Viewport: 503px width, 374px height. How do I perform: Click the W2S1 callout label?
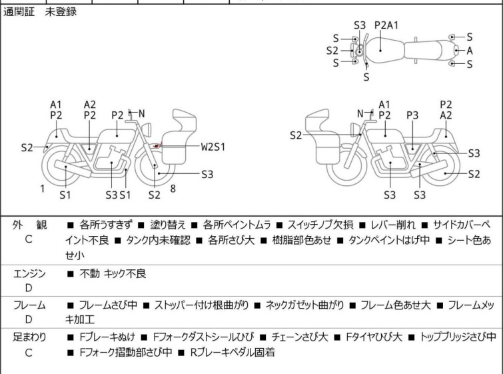click(x=213, y=146)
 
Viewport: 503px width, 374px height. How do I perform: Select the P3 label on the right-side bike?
click(x=412, y=115)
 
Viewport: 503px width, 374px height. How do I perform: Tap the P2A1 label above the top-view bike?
click(x=386, y=25)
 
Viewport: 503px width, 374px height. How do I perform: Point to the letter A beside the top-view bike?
click(x=470, y=50)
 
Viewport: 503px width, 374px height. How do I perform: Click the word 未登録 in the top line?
click(x=61, y=12)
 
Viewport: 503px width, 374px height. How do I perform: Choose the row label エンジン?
click(x=29, y=273)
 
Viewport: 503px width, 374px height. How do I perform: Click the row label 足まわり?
click(x=29, y=337)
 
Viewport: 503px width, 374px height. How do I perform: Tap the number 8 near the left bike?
click(x=173, y=189)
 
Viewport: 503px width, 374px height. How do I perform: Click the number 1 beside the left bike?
click(x=42, y=189)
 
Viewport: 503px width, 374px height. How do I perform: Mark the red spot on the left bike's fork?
click(x=157, y=145)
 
